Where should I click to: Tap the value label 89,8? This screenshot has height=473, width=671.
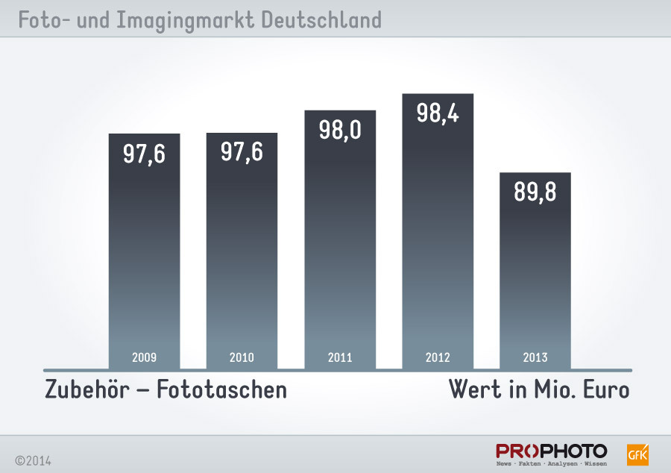[535, 192]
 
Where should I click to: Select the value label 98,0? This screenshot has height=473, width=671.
[340, 130]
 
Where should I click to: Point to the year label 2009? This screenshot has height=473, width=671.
[144, 358]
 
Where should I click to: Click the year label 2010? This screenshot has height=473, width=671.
[242, 358]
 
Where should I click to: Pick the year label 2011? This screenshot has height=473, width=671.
[340, 358]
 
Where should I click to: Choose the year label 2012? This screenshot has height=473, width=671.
[438, 358]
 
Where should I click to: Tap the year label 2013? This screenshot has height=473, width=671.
[535, 358]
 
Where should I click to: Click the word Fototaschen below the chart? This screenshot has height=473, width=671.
[221, 389]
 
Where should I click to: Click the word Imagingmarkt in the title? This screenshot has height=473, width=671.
[186, 20]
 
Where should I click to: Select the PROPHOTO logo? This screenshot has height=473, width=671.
[552, 454]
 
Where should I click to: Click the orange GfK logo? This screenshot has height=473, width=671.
[638, 454]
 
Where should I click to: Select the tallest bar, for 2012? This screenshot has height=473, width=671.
[438, 239]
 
